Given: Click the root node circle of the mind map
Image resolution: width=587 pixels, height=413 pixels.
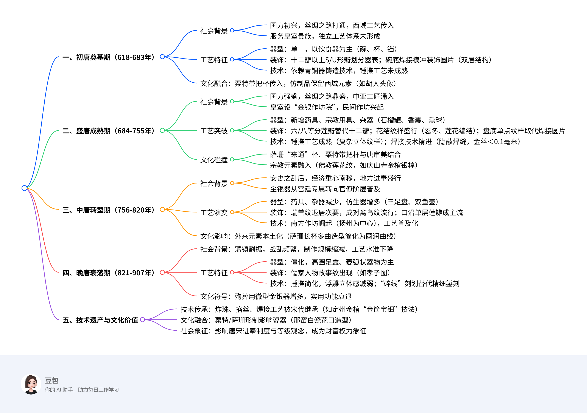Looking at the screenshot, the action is click(x=24, y=188).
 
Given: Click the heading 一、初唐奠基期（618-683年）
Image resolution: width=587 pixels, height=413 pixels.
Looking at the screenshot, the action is click(x=108, y=57).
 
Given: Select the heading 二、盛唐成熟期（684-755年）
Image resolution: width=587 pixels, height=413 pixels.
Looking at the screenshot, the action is click(x=108, y=131).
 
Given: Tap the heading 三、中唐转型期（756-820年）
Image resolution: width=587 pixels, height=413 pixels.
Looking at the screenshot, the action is click(x=108, y=210).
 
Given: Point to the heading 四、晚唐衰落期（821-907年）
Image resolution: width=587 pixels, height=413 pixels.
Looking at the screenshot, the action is click(x=108, y=273).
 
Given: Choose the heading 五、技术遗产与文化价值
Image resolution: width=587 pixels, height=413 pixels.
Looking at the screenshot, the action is click(x=100, y=320).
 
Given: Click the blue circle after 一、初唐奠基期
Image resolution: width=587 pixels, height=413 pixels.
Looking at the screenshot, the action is click(x=162, y=57).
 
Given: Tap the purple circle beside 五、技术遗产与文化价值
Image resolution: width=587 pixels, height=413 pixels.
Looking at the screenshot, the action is click(x=142, y=320).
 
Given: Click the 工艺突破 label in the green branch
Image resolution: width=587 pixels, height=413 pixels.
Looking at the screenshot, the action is click(x=214, y=131).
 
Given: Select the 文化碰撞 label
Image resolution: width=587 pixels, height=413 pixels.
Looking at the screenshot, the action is click(x=214, y=160).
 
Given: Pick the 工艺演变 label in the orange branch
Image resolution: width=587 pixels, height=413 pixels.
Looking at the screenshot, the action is click(x=214, y=212).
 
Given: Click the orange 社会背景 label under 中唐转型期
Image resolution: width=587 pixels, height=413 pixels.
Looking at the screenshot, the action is click(x=214, y=183).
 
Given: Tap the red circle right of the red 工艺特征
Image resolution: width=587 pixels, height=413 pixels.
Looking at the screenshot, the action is click(x=232, y=272).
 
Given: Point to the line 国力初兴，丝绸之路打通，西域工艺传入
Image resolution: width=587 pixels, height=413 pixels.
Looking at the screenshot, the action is click(x=332, y=25).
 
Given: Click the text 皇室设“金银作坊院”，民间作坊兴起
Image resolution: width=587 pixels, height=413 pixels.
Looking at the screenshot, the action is click(x=327, y=107).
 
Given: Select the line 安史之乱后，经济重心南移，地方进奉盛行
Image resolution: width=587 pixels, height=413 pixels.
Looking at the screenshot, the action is click(x=335, y=178).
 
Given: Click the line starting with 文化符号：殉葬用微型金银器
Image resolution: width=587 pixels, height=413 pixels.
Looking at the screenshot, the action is click(x=276, y=296).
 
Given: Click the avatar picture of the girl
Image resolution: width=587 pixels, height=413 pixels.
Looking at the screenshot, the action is click(x=31, y=384).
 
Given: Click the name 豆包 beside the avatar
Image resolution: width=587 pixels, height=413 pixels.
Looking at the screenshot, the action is click(x=51, y=380).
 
